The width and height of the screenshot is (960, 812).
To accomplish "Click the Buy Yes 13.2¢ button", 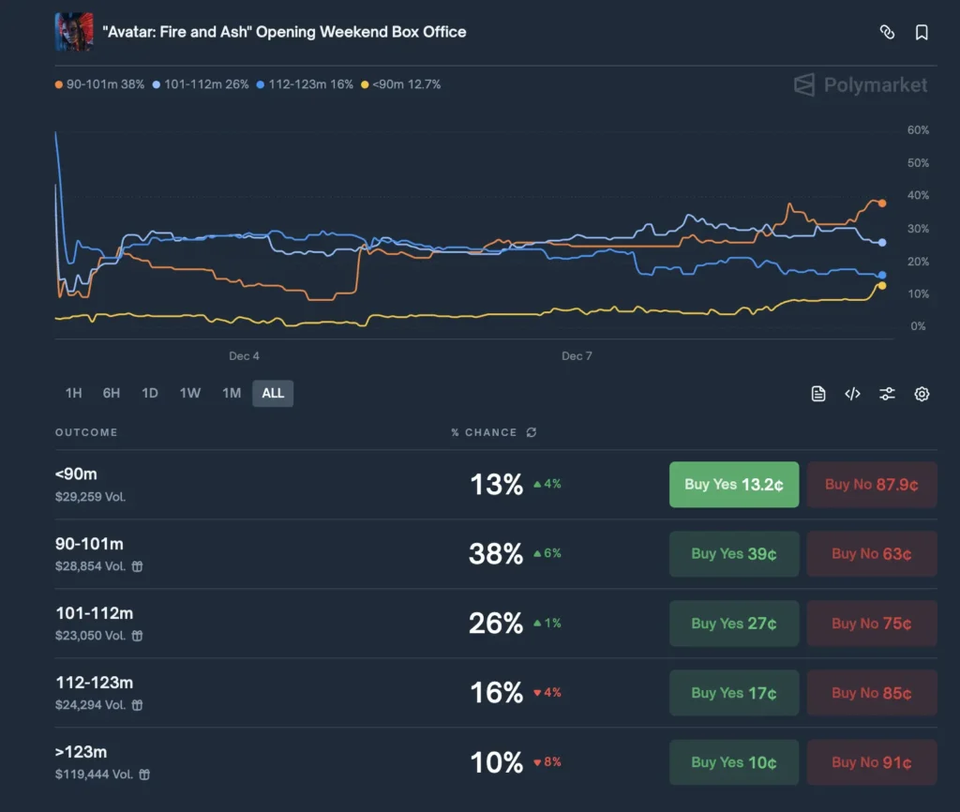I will pyautogui.click(x=733, y=485).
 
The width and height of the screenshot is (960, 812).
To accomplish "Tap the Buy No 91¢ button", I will pyautogui.click(x=871, y=762).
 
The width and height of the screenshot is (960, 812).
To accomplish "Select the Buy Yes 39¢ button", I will pyautogui.click(x=733, y=554).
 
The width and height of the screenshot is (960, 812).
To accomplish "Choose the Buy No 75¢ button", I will pyautogui.click(x=871, y=624).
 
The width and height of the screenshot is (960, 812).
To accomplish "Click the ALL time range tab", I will pyautogui.click(x=273, y=393).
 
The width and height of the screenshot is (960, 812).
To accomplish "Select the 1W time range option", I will pyautogui.click(x=190, y=393).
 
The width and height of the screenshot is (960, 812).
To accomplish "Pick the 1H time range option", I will pyautogui.click(x=73, y=393).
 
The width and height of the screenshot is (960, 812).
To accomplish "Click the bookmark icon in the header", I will pyautogui.click(x=922, y=33).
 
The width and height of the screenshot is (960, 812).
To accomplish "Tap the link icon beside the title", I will pyautogui.click(x=887, y=33).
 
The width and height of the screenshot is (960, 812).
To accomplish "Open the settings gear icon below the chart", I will pyautogui.click(x=922, y=394).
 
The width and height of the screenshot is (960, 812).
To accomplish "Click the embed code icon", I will pyautogui.click(x=852, y=394).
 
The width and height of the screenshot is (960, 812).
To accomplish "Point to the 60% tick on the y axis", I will pyautogui.click(x=918, y=130).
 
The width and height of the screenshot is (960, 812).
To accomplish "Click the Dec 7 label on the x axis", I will pyautogui.click(x=577, y=356).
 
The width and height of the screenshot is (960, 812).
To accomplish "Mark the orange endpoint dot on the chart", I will pyautogui.click(x=882, y=203).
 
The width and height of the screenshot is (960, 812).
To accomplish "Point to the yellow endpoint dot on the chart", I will pyautogui.click(x=882, y=286).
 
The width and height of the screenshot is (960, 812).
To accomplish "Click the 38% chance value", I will pyautogui.click(x=495, y=554).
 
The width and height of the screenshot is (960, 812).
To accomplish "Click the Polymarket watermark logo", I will pyautogui.click(x=861, y=85).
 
